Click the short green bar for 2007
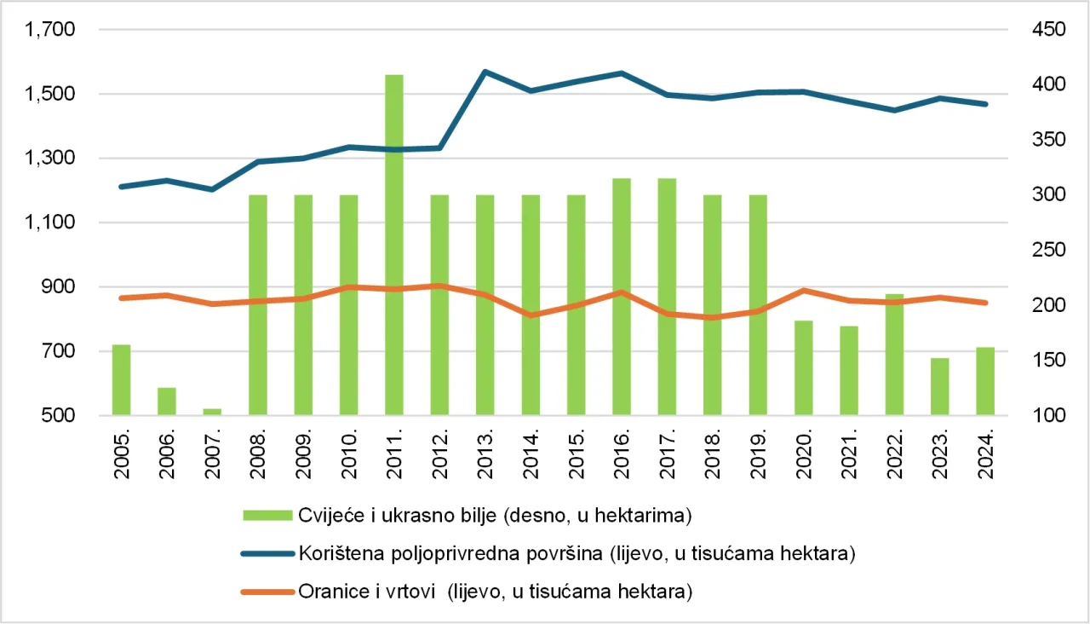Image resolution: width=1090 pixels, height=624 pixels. tap(212, 412)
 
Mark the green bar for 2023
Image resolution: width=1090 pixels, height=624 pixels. tap(939, 387)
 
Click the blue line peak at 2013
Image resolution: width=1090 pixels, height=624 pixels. tap(485, 72)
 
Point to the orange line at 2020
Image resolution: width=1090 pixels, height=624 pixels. tap(803, 291)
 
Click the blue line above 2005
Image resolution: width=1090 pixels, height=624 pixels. tap(122, 187)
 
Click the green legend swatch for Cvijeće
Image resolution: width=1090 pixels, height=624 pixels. tap(266, 514)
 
